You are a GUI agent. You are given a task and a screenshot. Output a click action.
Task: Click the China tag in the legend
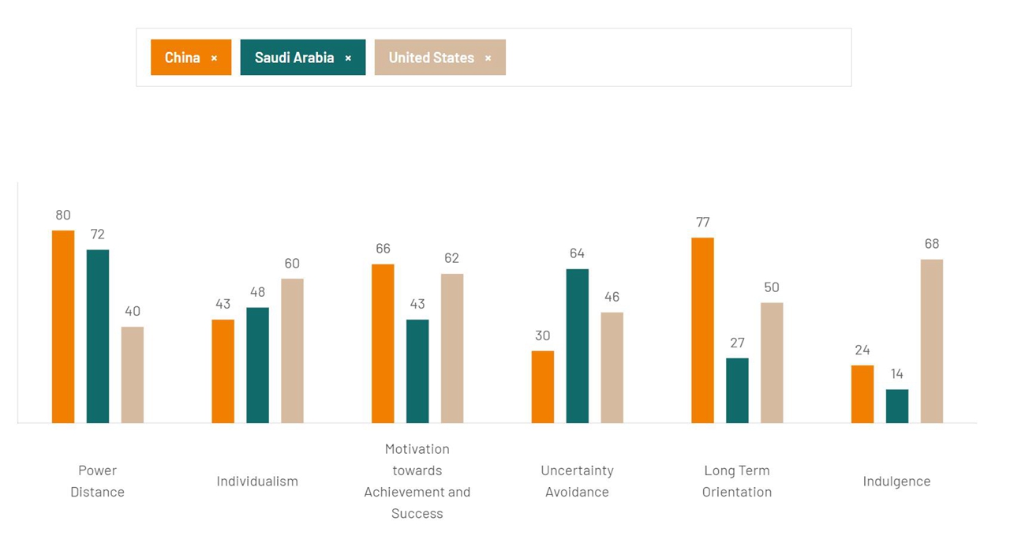[183, 58]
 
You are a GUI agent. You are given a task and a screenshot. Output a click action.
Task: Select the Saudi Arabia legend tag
[294, 58]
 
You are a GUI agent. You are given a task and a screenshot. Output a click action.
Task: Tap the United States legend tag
[432, 58]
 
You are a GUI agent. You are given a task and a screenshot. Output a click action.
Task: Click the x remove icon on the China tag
[214, 58]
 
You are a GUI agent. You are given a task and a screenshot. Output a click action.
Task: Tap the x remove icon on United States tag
[488, 58]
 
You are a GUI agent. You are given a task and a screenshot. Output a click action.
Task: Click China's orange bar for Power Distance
[63, 327]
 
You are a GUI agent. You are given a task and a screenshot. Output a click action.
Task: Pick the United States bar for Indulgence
[931, 341]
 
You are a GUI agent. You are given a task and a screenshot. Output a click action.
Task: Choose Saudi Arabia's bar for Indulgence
[897, 406]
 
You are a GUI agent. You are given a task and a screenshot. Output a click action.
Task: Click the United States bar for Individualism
[292, 350]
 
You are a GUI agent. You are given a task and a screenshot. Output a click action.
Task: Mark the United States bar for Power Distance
[133, 374]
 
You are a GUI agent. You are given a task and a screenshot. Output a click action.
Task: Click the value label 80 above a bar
[63, 215]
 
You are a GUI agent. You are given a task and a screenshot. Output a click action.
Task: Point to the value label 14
[897, 373]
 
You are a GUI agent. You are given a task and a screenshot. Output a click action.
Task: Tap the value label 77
[702, 222]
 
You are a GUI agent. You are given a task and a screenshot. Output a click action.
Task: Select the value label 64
[577, 253]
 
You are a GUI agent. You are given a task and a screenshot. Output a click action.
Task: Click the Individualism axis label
[257, 481]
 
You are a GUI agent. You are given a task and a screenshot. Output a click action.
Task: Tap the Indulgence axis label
[896, 481]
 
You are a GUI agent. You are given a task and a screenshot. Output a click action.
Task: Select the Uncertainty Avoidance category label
[577, 481]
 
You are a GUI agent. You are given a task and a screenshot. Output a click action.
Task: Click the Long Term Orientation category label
[737, 481]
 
